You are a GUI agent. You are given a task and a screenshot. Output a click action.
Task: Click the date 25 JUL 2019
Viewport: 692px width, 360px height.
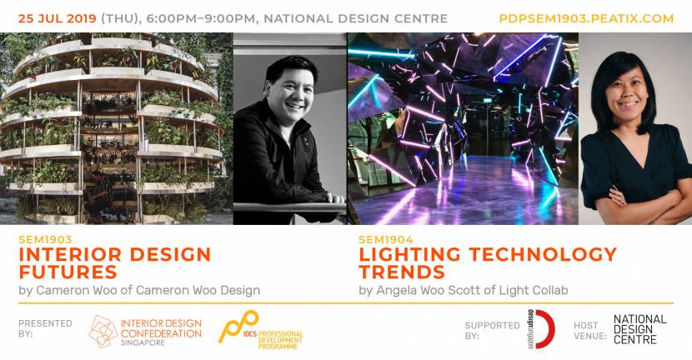(58, 19)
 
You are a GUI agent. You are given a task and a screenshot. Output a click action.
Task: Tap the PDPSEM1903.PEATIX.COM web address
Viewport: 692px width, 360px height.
(586, 19)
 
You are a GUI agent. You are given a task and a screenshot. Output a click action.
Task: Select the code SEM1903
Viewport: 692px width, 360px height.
(45, 239)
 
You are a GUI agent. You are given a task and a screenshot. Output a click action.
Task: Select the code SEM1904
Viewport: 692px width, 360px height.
(386, 239)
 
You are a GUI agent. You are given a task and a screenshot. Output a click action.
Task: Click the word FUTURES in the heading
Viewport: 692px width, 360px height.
(68, 272)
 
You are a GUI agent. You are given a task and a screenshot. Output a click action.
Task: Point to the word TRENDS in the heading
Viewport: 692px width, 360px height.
(402, 272)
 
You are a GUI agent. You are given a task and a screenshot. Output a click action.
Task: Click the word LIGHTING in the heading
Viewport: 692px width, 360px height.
(410, 254)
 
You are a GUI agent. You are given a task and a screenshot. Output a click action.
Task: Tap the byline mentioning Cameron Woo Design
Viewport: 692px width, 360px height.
(139, 290)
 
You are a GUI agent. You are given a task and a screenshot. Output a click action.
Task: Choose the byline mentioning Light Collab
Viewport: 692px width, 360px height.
(464, 290)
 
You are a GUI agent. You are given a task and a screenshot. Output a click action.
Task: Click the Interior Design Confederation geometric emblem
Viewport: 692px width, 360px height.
(103, 332)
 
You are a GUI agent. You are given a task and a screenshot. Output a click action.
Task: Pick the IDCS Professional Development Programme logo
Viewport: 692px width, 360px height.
(260, 331)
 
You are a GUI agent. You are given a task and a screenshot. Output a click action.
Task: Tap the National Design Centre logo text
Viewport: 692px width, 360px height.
(639, 329)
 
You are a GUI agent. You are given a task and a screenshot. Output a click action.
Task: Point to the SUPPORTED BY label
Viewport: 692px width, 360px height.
(492, 331)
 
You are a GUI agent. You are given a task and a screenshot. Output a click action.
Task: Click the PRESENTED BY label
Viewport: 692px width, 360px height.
(45, 328)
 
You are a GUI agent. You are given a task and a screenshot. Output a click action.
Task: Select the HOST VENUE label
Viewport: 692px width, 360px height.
(590, 331)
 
